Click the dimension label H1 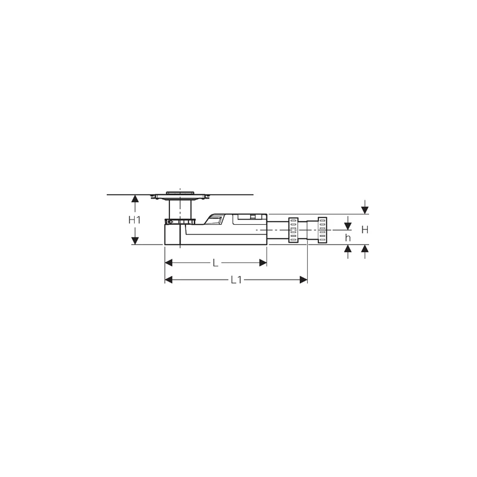click(x=134, y=220)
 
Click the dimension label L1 click(x=236, y=280)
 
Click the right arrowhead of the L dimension click(x=262, y=263)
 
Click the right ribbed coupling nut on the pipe click(x=322, y=230)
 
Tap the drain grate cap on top click(x=179, y=193)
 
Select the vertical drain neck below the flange click(x=179, y=209)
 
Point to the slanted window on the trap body click(x=215, y=221)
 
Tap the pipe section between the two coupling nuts click(x=308, y=230)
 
